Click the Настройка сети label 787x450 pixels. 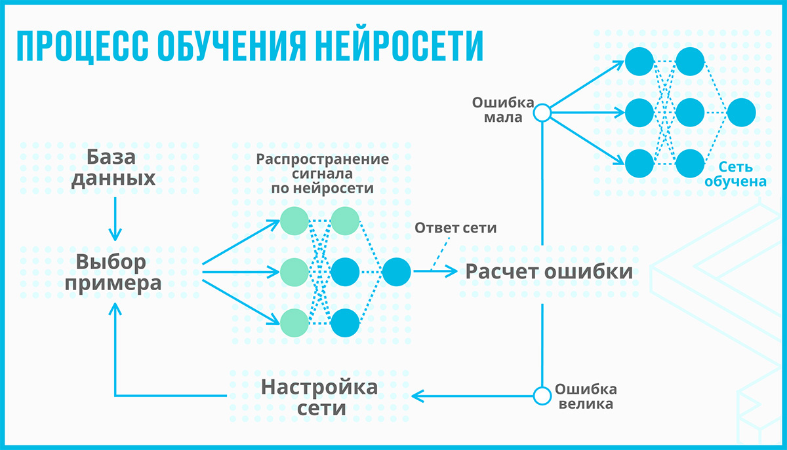319,397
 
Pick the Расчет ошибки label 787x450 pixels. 549,272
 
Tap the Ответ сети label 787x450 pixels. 455,229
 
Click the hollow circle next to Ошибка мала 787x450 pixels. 542,113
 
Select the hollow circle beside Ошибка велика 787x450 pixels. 542,396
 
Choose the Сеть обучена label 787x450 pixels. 735,174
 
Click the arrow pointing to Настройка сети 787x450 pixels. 472,396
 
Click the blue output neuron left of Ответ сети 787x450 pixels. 396,271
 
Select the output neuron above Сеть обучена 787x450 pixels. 741,113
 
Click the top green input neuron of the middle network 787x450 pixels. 294,221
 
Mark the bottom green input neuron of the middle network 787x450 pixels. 294,322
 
